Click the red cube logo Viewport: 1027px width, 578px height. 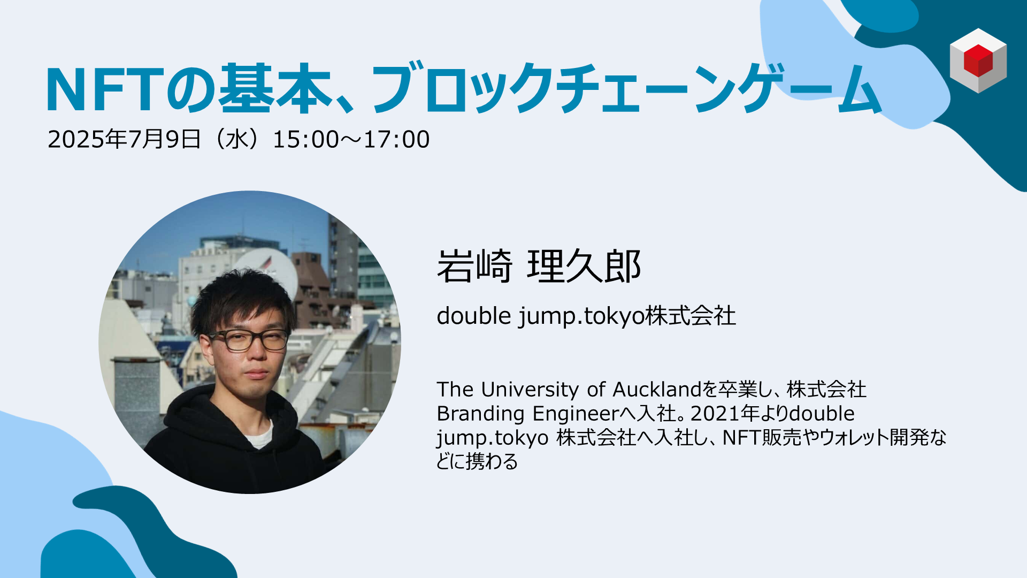978,60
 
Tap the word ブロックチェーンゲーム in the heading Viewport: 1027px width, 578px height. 626,89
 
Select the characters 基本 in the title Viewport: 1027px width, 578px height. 276,89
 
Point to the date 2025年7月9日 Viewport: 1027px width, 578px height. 124,139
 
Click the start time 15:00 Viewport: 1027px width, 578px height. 306,140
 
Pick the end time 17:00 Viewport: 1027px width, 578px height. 396,140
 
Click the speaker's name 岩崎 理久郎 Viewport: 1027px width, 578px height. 539,266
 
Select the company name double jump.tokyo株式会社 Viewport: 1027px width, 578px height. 586,316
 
